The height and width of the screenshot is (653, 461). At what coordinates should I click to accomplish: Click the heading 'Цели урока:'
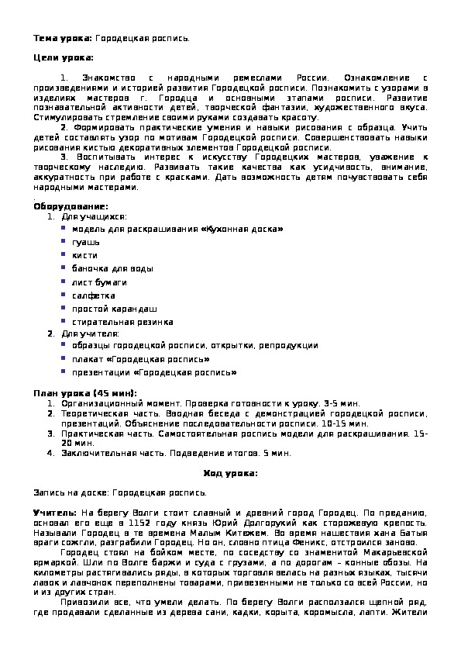(x=63, y=58)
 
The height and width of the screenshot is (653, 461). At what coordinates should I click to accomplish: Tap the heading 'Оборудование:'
(x=71, y=206)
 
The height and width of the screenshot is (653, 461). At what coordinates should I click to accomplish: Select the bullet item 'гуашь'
(x=86, y=242)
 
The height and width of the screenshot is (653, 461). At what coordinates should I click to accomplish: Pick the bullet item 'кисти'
(x=85, y=255)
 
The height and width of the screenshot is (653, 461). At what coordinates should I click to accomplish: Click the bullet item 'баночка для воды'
(x=112, y=268)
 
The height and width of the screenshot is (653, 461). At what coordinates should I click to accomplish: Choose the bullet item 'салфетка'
(x=94, y=295)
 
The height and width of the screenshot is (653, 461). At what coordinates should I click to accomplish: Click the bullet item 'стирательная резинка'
(x=122, y=322)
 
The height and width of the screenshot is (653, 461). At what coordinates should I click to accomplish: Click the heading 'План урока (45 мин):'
(x=85, y=393)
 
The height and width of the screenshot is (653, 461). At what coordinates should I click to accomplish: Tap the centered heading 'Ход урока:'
(x=230, y=473)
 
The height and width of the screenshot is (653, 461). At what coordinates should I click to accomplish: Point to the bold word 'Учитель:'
(x=55, y=513)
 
